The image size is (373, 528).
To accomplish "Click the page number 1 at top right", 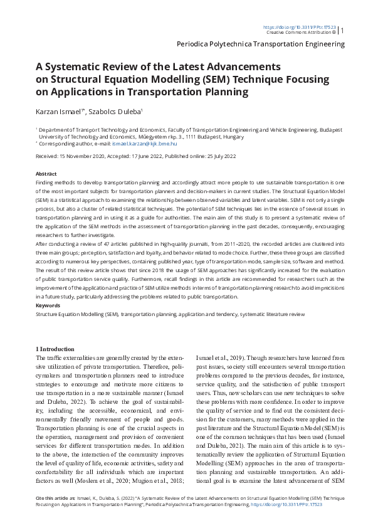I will coord(342,30).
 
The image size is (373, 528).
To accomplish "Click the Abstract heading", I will coord(46,173).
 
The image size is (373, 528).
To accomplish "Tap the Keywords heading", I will coord(48,305).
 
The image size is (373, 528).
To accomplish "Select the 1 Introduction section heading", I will coord(55,348).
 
